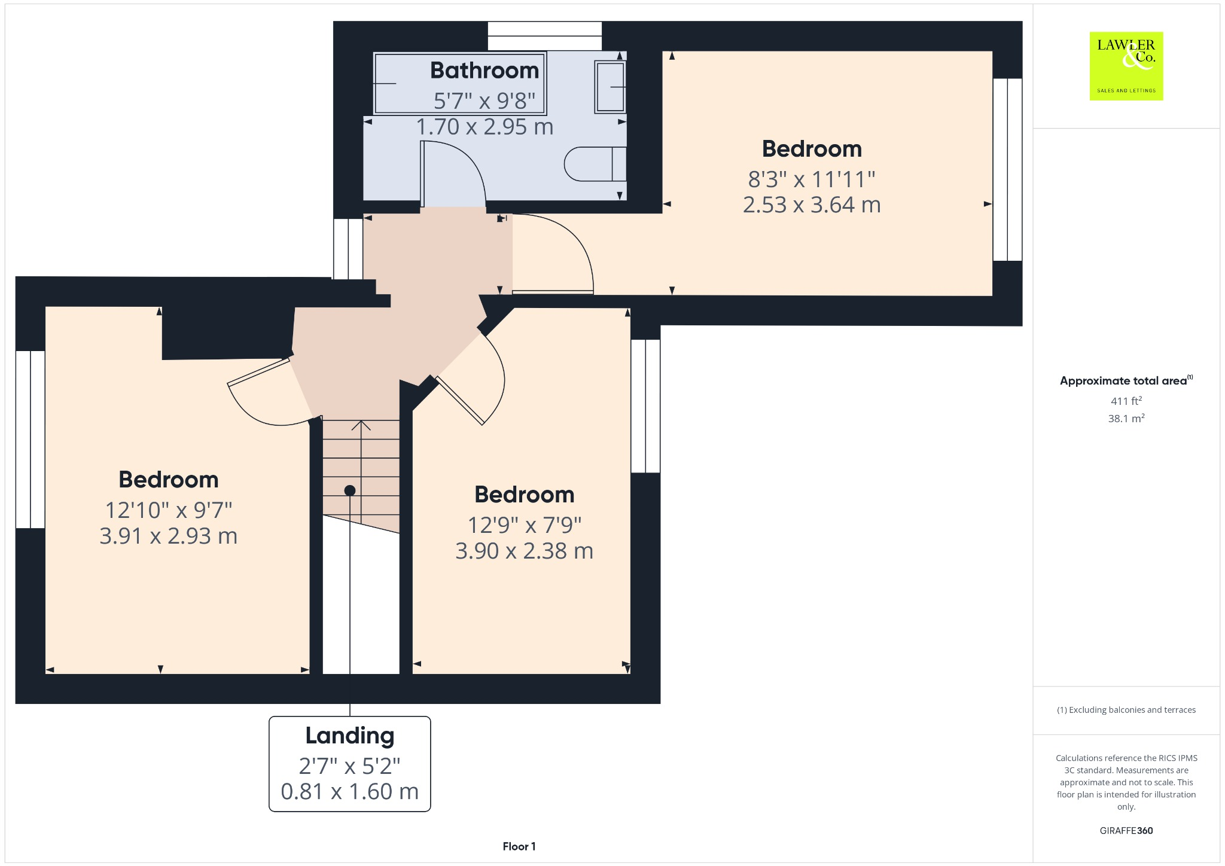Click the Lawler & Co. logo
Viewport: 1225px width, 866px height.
1126,66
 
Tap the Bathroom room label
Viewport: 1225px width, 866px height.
484,71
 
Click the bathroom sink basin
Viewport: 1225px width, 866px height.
610,87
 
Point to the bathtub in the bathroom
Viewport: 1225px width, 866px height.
459,84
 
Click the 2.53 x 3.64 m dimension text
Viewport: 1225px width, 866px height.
812,205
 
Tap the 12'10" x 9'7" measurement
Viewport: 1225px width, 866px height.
169,510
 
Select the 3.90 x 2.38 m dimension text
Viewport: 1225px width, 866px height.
524,551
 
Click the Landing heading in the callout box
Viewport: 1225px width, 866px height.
350,736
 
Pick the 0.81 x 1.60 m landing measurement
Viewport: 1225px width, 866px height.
350,791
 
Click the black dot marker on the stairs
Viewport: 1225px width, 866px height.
350,490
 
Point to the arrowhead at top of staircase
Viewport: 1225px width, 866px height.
361,425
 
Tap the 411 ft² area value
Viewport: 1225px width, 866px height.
1126,401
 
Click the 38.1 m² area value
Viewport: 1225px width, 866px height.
1126,419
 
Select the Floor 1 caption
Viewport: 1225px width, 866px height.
519,846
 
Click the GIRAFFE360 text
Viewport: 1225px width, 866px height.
1126,830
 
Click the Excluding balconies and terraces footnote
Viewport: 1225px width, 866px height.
1126,710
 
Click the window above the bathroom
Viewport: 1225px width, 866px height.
544,36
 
